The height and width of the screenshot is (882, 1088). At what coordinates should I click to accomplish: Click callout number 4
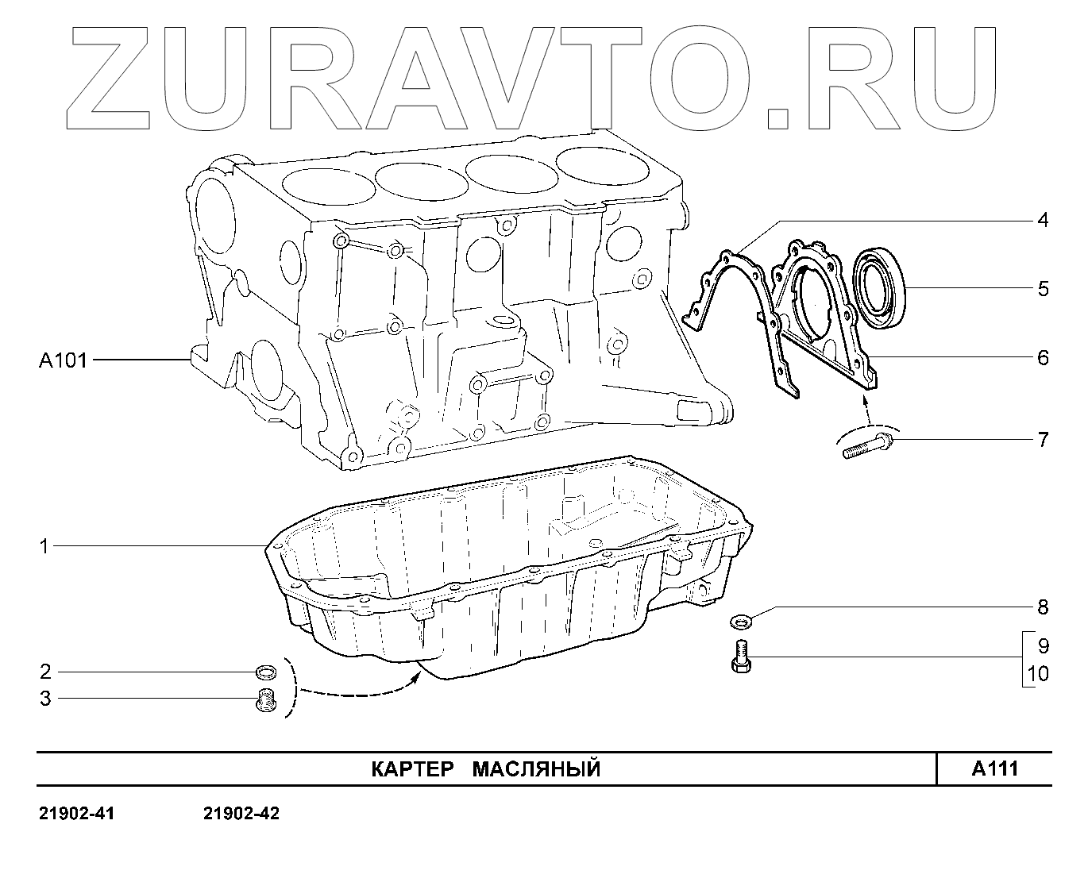tap(1043, 220)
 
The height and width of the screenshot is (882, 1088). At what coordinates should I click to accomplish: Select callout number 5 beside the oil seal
tap(1043, 288)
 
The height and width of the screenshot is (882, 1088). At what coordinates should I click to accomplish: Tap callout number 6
tap(1043, 357)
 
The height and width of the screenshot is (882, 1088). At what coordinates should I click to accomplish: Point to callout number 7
tap(1043, 439)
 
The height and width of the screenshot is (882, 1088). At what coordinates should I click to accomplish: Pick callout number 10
tap(1038, 674)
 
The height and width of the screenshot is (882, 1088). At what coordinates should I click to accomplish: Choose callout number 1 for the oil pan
tap(44, 546)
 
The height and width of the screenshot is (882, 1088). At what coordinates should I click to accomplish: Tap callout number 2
tap(45, 672)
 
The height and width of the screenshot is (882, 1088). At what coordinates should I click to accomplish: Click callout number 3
tap(45, 699)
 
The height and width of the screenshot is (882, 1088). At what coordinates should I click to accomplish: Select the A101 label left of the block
tap(63, 360)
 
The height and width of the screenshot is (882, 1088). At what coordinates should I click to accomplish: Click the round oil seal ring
tap(878, 288)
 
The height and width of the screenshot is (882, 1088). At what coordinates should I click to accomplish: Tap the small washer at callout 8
tap(743, 618)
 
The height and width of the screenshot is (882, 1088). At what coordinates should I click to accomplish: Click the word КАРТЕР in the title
tap(412, 769)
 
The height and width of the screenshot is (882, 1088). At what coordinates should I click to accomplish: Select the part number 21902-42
tap(241, 815)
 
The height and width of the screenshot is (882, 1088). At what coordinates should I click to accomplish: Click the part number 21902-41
tap(77, 815)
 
